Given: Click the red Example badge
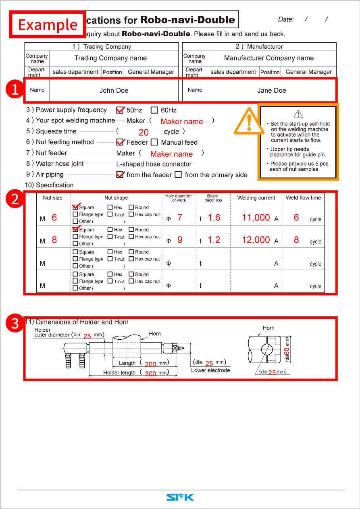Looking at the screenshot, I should pos(48,25).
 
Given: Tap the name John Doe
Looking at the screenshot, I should pos(114,90).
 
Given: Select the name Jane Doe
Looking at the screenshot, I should pos(271,90).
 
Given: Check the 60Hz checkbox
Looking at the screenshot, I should pos(154,110).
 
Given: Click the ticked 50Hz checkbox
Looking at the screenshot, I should pos(120,110).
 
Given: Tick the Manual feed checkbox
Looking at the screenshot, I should pos(154,142).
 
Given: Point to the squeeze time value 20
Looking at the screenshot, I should pos(144,132).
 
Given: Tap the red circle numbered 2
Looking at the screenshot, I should pos(15,199).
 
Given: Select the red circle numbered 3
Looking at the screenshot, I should pos(15,324).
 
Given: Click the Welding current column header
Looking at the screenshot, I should pos(256,198).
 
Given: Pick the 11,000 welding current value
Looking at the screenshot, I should pos(256,218).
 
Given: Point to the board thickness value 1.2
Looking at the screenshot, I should pos(214,240).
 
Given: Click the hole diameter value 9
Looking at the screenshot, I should pos(180,240).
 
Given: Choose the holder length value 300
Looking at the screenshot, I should pos(150,374).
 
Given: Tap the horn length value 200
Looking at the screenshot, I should pos(150,364).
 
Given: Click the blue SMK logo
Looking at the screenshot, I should pos(180,497).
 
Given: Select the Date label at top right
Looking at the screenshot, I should pos(286,19).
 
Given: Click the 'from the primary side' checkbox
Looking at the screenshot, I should pos(179,175).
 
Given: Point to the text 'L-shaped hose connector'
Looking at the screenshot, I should pos(154,164).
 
